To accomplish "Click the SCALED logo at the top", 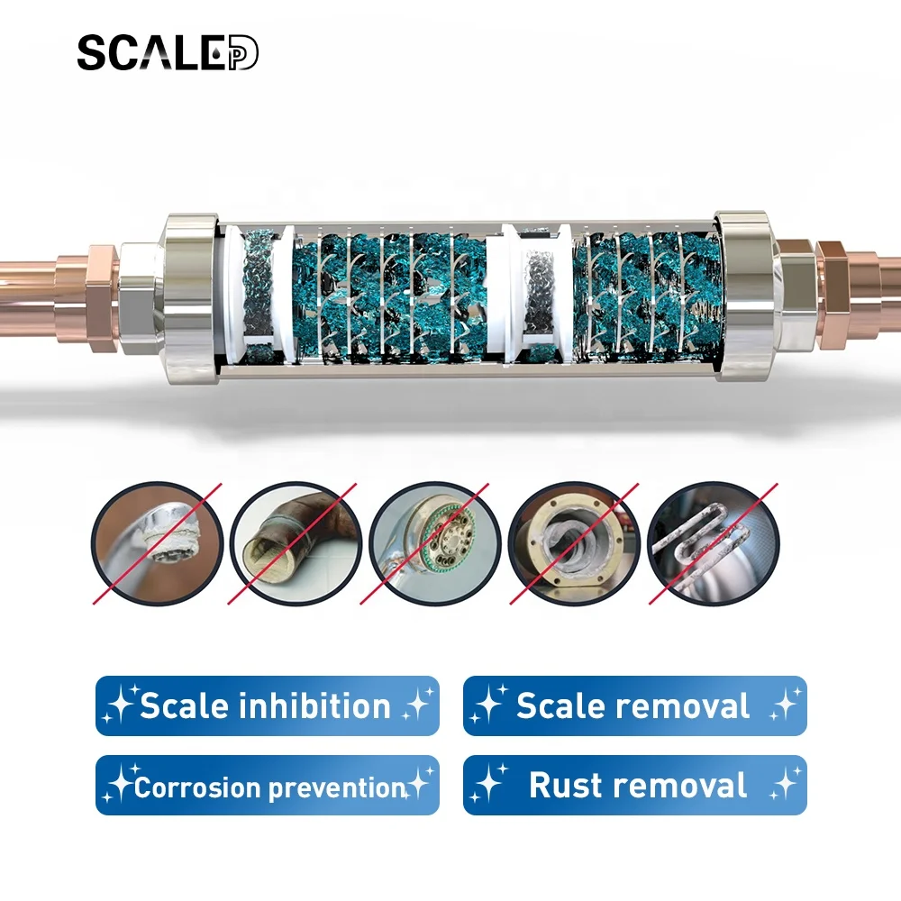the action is pos(168,53).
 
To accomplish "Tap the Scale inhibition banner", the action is pos(268,705).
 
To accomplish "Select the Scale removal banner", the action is pos(635,705).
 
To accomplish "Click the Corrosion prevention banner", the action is pos(268,785).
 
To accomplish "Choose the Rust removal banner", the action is pos(635,785).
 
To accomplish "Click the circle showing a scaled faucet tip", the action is pos(157,543).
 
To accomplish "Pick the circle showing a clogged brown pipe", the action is pos(296,543).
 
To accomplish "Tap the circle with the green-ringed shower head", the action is pos(434,543).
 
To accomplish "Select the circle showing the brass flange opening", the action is pos(574,543).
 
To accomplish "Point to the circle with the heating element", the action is pos(714,543).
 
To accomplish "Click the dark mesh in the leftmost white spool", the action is pos(258,296).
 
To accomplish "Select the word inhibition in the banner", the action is pos(314,705).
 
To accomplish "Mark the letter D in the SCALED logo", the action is pos(243,53).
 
